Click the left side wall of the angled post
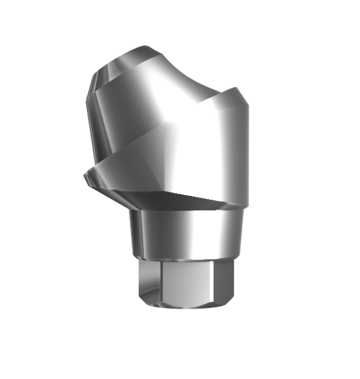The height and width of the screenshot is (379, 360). coord(95,120)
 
